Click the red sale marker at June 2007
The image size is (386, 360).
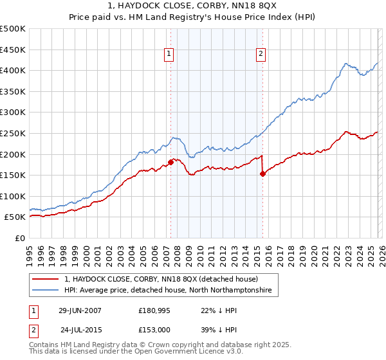[170, 162]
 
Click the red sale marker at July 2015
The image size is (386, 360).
[262, 174]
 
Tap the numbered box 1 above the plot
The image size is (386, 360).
[169, 55]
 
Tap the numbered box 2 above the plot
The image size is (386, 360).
[261, 55]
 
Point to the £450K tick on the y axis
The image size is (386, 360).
[14, 50]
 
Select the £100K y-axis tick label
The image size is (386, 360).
[14, 196]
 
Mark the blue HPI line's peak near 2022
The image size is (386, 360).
[346, 64]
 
